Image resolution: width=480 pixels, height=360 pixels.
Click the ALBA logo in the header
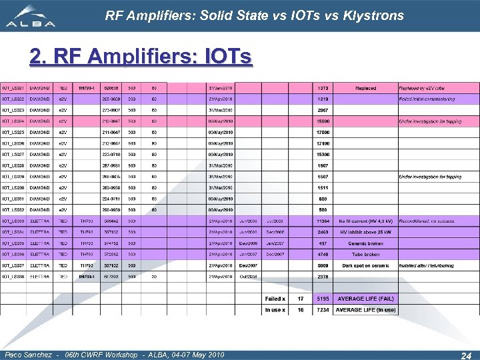pos(32,16)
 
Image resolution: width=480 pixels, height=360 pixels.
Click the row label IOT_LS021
pos(13,88)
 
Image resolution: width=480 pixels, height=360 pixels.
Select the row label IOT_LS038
pos(13,277)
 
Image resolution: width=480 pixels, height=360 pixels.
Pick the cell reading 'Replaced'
pos(365,88)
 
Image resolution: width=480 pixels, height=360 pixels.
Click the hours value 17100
pos(323,143)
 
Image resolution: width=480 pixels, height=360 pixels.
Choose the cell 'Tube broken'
pos(367,254)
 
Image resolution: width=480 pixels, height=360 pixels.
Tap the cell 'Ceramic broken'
pos(366,243)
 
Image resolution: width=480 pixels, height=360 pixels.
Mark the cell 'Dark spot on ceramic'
pos(366,265)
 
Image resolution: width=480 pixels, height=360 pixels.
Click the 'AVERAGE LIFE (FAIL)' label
pos(365,299)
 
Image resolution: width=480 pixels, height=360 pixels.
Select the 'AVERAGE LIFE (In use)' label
pos(365,310)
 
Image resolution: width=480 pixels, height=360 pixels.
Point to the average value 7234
pos(323,310)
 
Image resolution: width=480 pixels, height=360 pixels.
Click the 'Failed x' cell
pos(276,299)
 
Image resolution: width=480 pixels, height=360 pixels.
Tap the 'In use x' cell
pos(276,310)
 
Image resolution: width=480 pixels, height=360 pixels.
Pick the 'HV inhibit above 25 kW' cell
pos(366,232)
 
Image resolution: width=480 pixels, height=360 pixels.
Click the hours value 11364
pos(323,221)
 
